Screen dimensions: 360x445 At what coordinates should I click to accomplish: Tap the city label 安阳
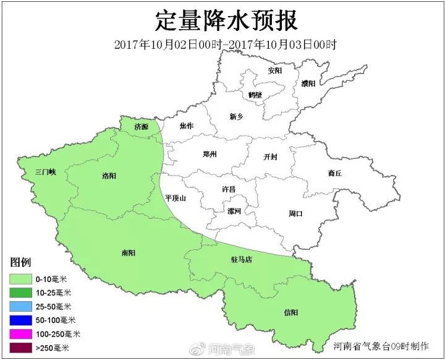point(274,71)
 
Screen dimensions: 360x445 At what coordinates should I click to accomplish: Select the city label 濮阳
point(308,83)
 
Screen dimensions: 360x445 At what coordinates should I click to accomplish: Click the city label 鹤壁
point(255,95)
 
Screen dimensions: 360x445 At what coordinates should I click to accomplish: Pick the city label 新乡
point(236,116)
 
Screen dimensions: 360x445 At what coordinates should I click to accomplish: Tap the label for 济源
point(142,127)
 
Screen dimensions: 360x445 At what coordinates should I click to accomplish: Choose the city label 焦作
point(187,126)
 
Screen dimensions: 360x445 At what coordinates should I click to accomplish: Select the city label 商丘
point(335,174)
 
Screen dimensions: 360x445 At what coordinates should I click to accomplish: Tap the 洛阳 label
point(108,176)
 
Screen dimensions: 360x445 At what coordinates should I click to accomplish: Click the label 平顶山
point(176,198)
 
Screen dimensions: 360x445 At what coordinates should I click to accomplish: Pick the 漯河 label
point(234,211)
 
